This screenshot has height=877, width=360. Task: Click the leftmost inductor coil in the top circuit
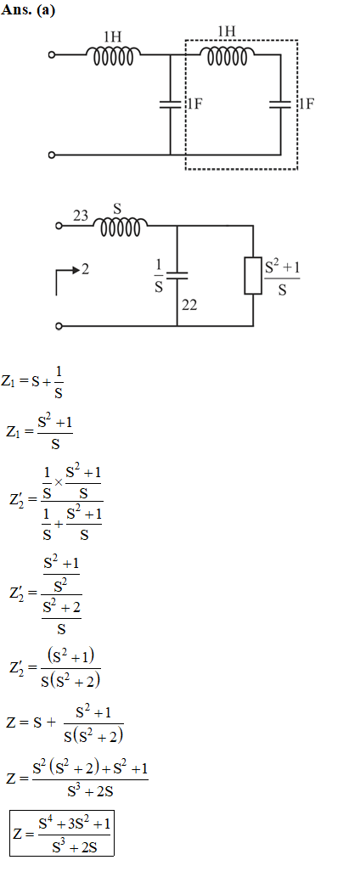[x=114, y=56]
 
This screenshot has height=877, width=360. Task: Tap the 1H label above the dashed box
[x=226, y=32]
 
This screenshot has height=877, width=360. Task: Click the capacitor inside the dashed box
[x=281, y=104]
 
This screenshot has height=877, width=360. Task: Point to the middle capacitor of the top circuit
[x=171, y=104]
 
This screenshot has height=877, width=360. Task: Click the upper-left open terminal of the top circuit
[x=52, y=55]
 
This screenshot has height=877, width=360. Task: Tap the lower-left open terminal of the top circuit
[x=52, y=155]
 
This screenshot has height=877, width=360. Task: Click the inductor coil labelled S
[x=121, y=227]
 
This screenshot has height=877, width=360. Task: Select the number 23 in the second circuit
[x=81, y=216]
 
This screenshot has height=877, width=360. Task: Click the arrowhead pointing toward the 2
[x=76, y=270]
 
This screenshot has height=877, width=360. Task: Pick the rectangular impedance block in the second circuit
[x=253, y=275]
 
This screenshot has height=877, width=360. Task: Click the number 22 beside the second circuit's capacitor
[x=189, y=306]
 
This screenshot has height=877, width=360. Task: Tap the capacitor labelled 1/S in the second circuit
[x=177, y=275]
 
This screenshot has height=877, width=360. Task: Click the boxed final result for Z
[x=62, y=833]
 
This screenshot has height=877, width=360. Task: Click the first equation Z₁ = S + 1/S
[x=32, y=383]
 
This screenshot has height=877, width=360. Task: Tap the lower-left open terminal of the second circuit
[x=59, y=325]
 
